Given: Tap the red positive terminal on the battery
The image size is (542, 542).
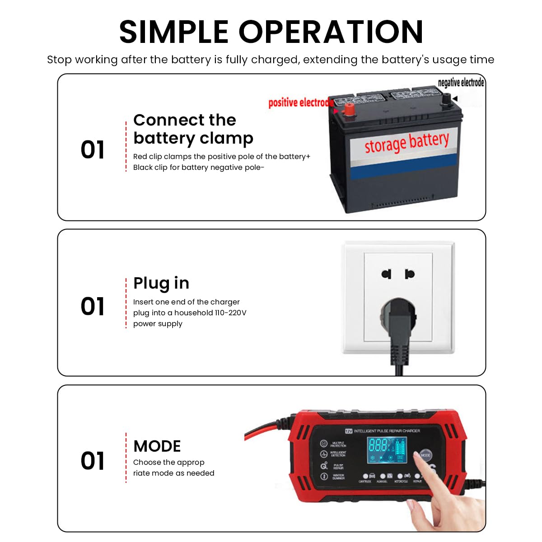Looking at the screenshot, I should click(x=349, y=109).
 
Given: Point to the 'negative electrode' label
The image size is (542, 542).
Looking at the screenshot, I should click(x=461, y=83).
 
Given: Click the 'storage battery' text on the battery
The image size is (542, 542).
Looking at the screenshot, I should click(x=406, y=142).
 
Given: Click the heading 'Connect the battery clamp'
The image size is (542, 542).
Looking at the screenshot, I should click(x=193, y=129).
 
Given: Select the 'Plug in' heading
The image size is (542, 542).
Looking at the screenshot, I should click(x=161, y=283).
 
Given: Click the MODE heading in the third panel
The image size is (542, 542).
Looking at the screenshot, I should click(x=157, y=446).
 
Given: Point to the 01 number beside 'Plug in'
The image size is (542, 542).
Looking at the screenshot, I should click(x=93, y=306).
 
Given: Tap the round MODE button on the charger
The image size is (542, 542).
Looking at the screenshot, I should click(x=425, y=455).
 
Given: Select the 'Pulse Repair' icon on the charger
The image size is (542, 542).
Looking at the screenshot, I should click(x=324, y=466).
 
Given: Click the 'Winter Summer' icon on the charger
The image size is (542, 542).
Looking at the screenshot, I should click(x=324, y=477).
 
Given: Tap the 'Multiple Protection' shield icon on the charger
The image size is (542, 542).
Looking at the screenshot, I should click(x=324, y=444).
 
